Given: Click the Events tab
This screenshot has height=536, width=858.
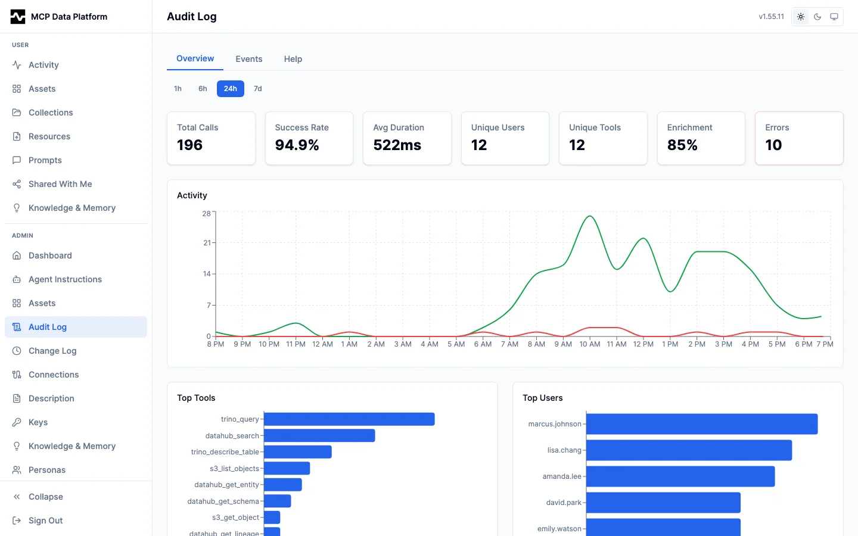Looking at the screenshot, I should pos(248,59).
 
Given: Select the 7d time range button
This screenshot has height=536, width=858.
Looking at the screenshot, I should pos(257,89).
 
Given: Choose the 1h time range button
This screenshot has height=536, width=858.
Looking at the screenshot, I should pos(178,89).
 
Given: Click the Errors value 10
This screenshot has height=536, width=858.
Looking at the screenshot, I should pos(773,145).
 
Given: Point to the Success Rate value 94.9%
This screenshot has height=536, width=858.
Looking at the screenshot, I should pos(297,145).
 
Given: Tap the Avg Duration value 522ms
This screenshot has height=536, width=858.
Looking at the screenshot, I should pos(397,145).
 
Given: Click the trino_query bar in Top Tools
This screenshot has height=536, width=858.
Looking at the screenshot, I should pos(349,419).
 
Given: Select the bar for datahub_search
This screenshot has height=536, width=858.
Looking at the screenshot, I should pos(319,436).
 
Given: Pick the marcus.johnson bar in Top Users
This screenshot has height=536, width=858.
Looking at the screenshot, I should pos(702,424).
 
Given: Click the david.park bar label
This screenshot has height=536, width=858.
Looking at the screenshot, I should pos(564,503).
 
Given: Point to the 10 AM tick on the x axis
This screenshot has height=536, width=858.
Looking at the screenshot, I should pos(590,344).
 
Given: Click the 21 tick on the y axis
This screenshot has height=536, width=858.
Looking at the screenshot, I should pos(207,243).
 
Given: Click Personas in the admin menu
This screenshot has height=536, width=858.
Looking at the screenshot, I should pos(47,470).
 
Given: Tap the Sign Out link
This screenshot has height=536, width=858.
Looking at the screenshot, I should pos(45,521).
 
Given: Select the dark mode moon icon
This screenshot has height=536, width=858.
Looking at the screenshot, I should pos(817,17).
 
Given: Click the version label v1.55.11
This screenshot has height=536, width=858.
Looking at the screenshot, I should pos(771,17).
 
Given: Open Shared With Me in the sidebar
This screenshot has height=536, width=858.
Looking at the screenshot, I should pos(60,184).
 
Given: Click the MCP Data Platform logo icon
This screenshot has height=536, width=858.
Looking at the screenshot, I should pos(18,17).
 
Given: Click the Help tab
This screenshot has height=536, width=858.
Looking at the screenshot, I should pos(293,59).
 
